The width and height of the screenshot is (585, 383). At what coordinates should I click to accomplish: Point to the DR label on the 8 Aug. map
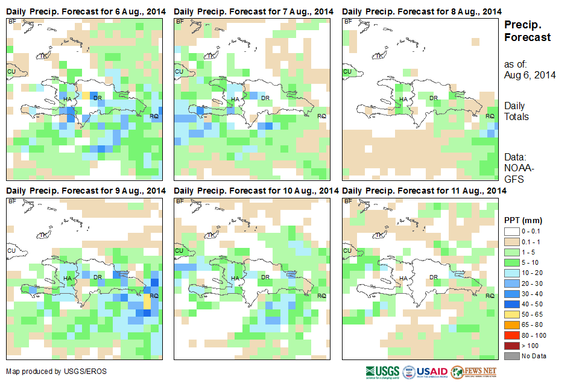pos(432,98)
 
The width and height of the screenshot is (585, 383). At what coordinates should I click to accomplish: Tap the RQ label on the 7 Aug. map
pos(321,116)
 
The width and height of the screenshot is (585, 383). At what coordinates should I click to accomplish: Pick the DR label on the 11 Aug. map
pos(432,277)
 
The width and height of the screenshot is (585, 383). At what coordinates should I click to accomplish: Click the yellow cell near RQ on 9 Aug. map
pos(147,301)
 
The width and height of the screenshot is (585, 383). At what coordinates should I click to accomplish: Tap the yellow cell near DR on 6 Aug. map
pos(86,96)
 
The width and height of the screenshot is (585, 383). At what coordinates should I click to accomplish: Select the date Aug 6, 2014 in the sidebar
pos(530,75)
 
